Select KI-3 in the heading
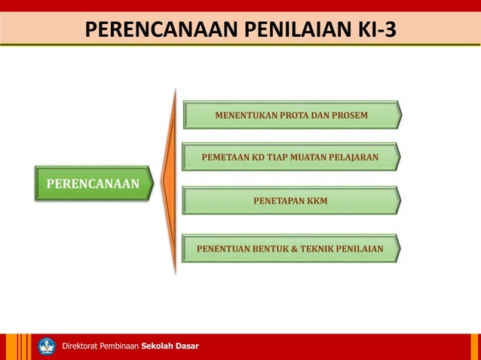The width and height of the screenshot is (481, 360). click(370, 30)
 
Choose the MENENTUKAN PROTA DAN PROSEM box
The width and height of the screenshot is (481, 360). click(292, 115)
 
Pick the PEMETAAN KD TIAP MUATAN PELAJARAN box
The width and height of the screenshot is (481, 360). click(290, 158)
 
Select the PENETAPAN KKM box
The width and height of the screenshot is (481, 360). click(290, 201)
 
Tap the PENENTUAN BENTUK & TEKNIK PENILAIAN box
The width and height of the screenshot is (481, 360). click(290, 248)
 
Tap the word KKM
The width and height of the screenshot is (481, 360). click(317, 201)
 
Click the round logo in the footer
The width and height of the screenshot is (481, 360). click(47, 346)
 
